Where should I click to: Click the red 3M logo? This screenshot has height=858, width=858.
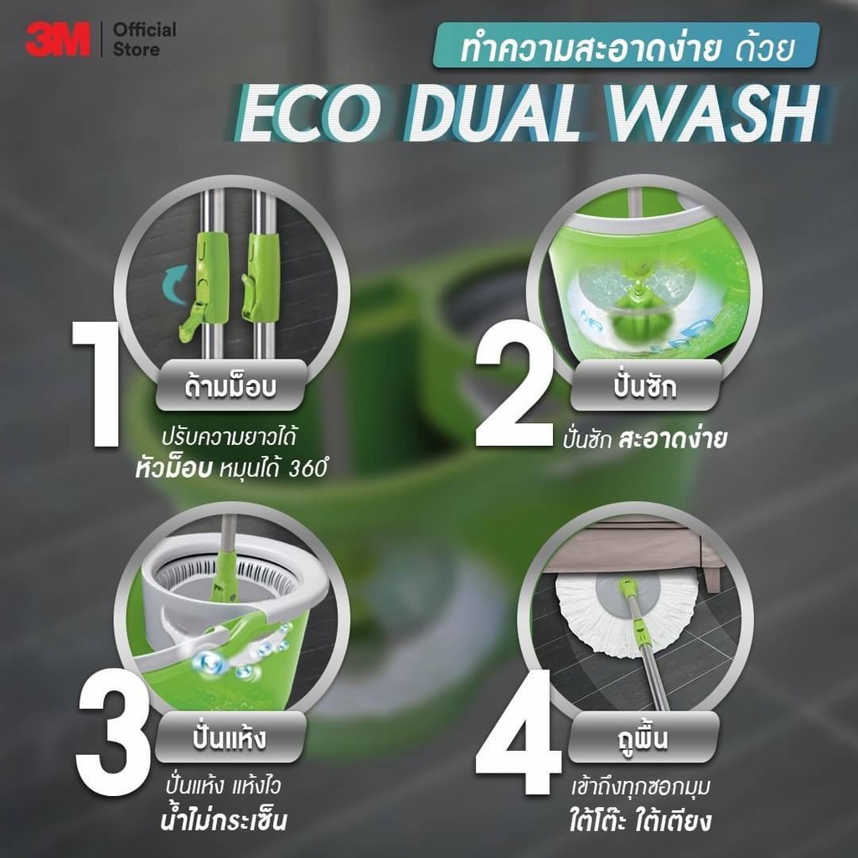(x=58, y=39)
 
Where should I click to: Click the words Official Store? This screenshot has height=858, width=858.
(x=144, y=39)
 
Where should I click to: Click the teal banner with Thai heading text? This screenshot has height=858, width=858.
(x=626, y=45)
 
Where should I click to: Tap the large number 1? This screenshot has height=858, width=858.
(x=97, y=384)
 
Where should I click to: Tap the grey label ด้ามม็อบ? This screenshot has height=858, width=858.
(x=231, y=385)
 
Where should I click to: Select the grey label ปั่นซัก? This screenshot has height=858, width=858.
(x=646, y=385)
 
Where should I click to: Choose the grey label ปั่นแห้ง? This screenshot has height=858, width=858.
(x=230, y=737)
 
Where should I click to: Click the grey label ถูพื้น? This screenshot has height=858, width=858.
(x=643, y=737)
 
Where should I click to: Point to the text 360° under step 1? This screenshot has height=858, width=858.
(x=308, y=469)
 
